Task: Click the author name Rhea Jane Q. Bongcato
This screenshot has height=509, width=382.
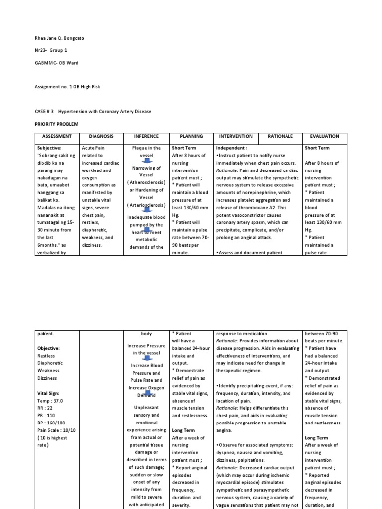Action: click(63, 38)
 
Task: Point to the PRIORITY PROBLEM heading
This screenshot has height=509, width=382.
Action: click(57, 123)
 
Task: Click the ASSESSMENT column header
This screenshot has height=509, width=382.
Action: click(57, 136)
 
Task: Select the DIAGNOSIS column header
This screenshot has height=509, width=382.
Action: click(101, 136)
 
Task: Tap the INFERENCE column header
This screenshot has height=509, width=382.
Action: click(146, 136)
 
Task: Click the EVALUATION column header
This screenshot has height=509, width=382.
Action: click(325, 136)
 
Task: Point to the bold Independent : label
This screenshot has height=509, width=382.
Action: click(231, 148)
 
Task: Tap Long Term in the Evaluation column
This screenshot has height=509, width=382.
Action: click(316, 438)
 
